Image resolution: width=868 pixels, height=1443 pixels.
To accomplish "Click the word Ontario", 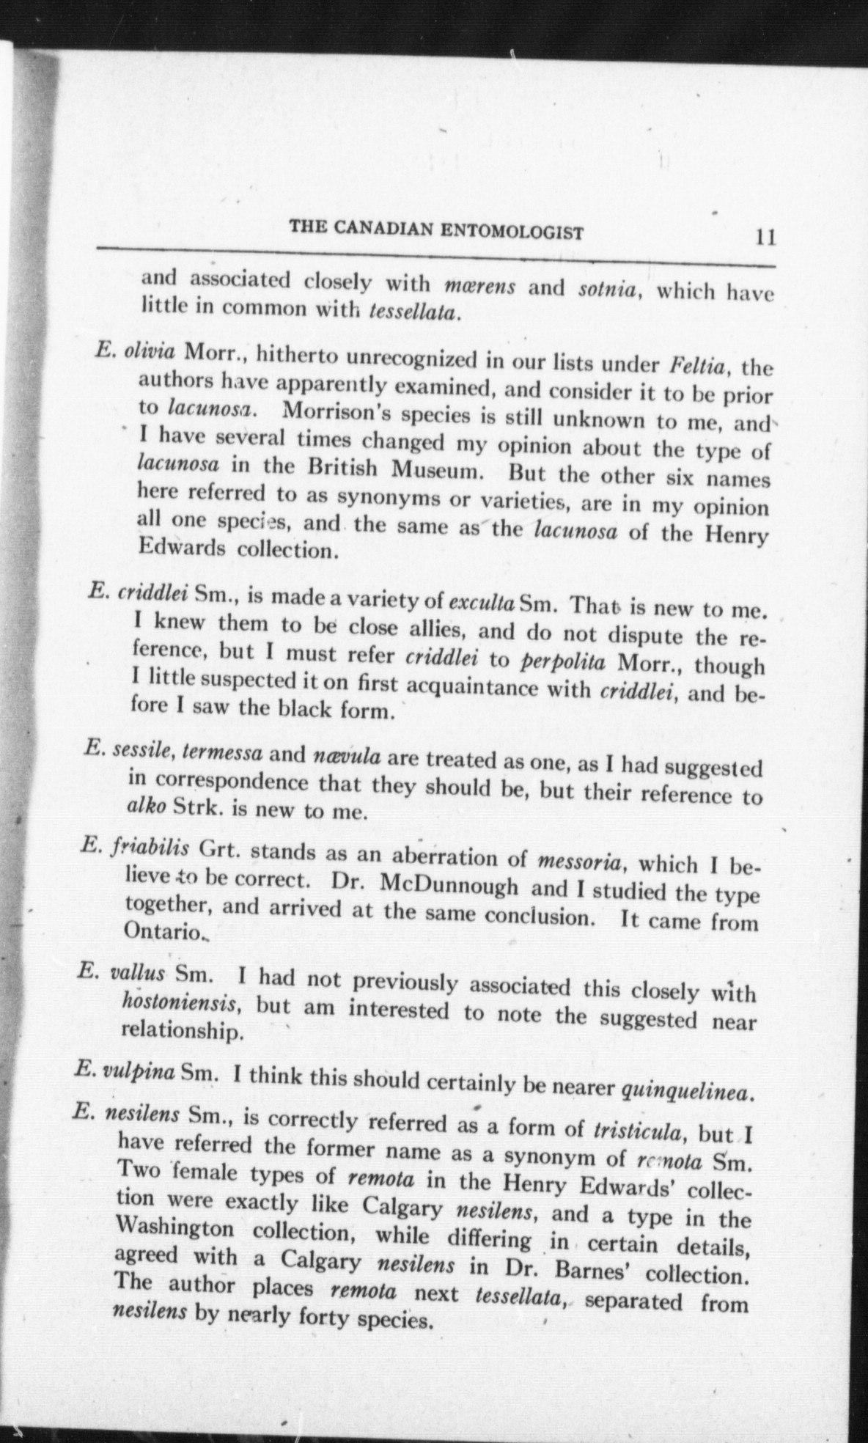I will coord(160,932).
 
